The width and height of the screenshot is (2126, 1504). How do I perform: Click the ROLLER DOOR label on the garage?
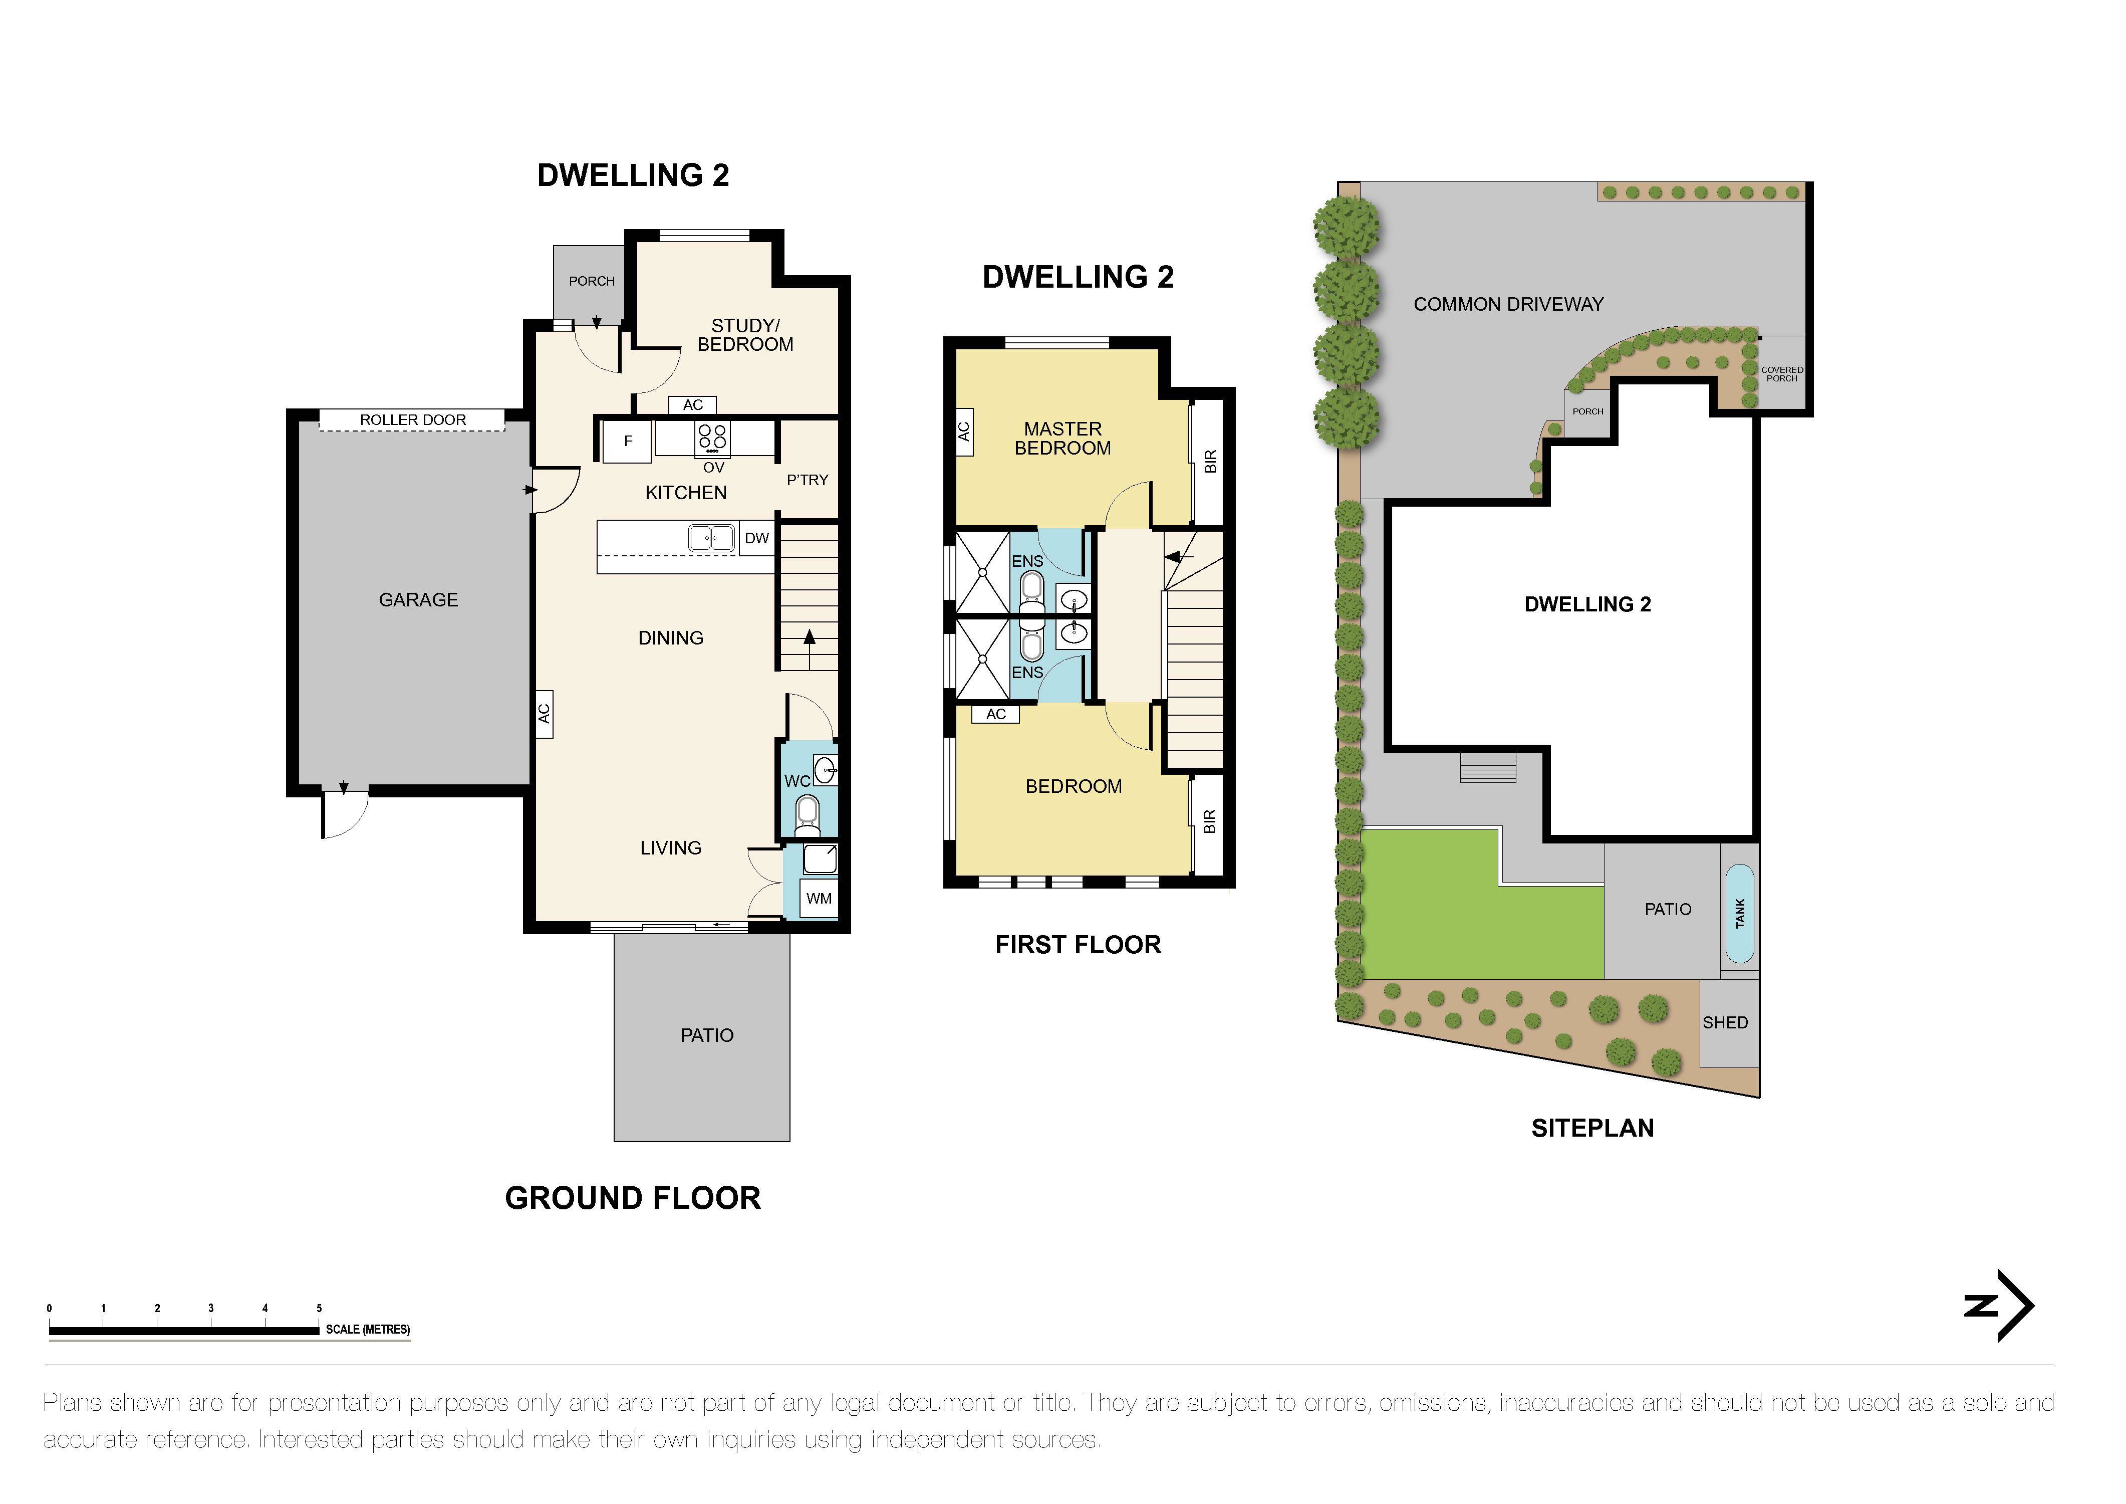412,419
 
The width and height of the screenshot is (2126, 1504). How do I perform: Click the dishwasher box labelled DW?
756,538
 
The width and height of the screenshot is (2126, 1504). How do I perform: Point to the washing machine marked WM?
819,898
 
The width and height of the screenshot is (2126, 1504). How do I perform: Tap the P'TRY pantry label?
807,480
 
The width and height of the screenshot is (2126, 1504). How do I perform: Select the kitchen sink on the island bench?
711,537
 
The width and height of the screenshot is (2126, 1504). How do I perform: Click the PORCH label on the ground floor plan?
592,281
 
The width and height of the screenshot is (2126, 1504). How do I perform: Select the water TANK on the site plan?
1740,913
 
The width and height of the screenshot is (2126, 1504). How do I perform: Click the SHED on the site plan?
1725,1022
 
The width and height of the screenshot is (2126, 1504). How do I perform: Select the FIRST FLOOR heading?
1078,945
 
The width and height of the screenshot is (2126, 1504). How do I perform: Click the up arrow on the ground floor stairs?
810,637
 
